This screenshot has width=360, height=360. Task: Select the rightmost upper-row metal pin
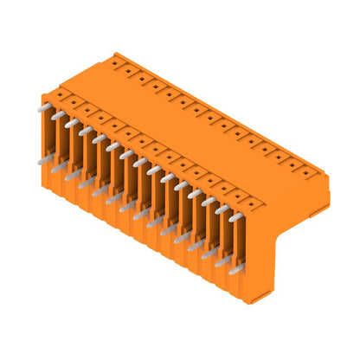(235, 219)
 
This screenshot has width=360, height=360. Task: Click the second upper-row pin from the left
(58, 115)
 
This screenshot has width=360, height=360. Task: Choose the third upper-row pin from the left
(71, 123)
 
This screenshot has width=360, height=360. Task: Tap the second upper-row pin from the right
(222, 211)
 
